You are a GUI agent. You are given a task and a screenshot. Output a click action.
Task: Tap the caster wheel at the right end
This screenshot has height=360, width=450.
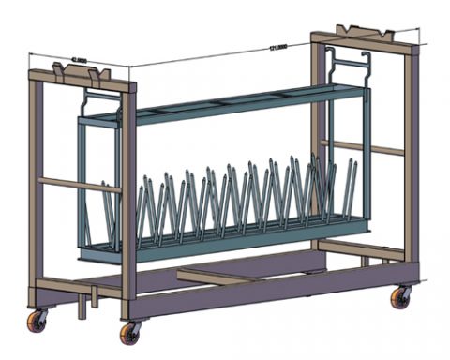401,297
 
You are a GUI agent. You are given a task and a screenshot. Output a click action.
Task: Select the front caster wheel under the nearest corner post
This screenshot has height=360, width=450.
130,333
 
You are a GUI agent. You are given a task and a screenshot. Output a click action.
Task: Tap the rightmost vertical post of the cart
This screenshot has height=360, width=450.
411,159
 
